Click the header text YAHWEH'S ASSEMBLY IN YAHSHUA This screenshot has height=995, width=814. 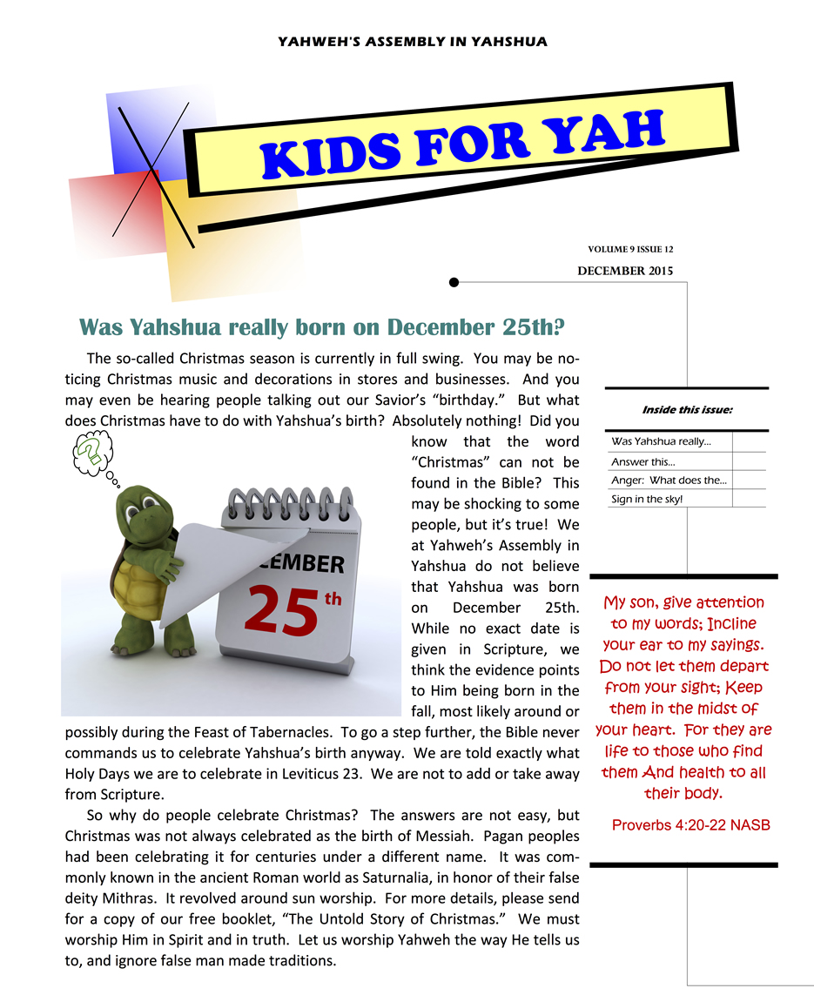(412, 41)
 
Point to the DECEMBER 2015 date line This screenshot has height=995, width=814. (624, 271)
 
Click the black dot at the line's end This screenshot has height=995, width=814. (454, 282)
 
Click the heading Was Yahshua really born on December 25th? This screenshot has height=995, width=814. (322, 327)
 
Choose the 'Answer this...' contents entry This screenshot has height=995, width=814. (642, 462)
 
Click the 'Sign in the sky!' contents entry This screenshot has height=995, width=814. (647, 499)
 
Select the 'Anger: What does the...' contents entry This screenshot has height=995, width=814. (669, 481)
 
